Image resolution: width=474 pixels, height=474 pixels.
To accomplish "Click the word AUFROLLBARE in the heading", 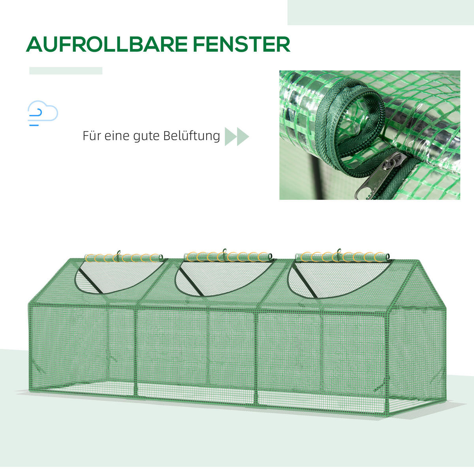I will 106,44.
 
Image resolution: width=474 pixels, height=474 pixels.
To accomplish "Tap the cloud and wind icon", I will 42,113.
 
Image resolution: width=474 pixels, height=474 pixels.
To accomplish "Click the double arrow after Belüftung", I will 237,137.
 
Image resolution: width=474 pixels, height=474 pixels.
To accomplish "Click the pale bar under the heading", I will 66,71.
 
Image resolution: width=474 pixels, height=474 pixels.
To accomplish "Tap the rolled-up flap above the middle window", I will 228,257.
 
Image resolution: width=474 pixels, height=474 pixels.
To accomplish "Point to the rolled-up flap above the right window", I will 342,257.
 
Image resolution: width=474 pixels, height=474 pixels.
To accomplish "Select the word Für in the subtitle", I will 91,136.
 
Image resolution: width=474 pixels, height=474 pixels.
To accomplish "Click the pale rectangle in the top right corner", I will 380,12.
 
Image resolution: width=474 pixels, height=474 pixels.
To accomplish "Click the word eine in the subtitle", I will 117,136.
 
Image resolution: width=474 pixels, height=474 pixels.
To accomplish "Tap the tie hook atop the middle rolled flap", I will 224,252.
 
